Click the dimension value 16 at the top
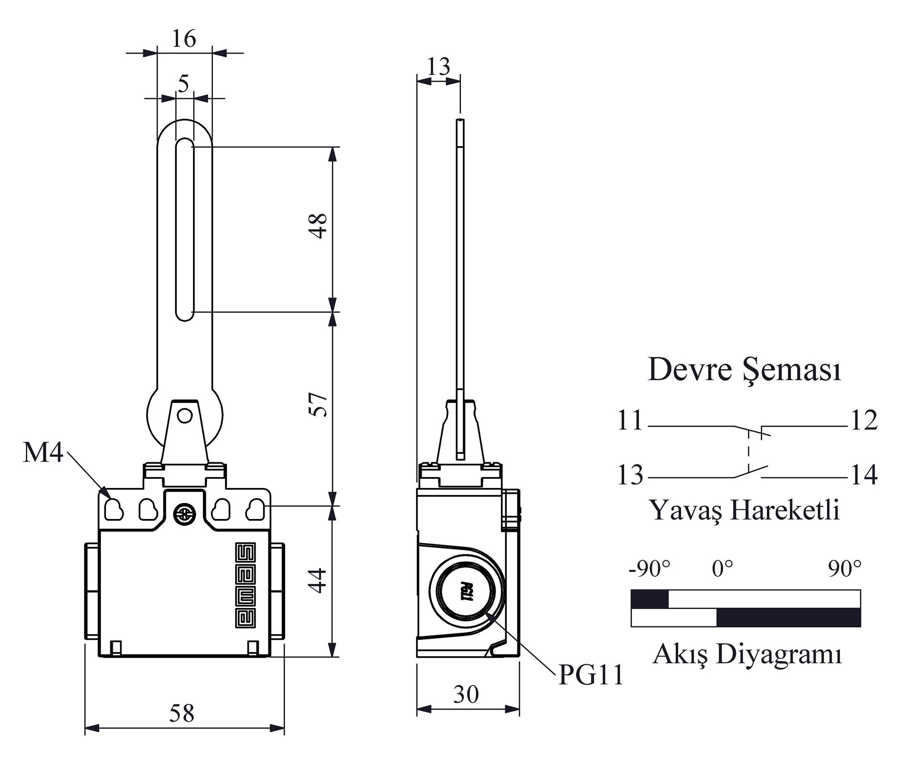pos(184,39)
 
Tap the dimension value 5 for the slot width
pos(184,84)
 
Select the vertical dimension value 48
pos(319,226)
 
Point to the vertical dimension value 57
pos(319,404)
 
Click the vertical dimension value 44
pos(319,580)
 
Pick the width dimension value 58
pos(182,713)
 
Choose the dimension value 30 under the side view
pos(466,694)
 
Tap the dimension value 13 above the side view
pos(438,66)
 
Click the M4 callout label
pos(43,452)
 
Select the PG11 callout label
pos(591,675)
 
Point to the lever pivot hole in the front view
pos(184,416)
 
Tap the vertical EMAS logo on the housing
pos(245,585)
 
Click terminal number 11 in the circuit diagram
pos(630,421)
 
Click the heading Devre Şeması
pos(744,370)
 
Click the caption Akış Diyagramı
pos(747,654)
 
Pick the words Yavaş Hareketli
pos(744,510)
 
